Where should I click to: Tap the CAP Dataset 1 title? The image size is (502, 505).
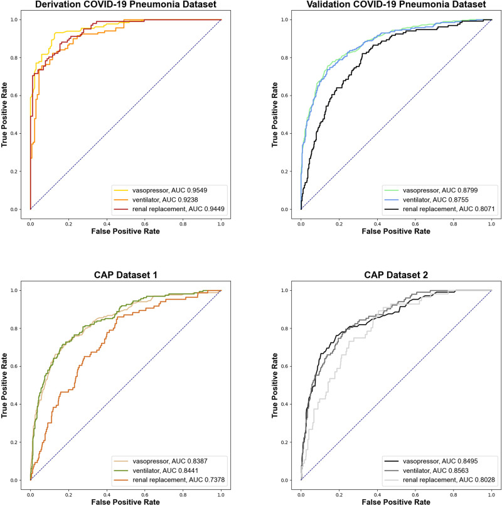[x=125, y=277]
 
